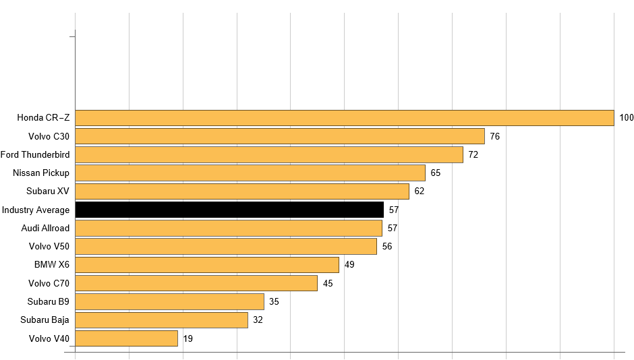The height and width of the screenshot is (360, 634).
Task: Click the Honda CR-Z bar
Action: point(344,118)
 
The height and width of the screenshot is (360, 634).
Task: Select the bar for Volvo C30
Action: point(279,136)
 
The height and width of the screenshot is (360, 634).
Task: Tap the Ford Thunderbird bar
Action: point(268,154)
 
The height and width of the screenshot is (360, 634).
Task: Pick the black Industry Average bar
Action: point(229,210)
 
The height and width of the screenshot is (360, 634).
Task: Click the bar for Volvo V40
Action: point(126,338)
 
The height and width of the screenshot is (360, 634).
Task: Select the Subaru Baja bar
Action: point(161,320)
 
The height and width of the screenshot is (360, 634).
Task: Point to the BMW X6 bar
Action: point(206,264)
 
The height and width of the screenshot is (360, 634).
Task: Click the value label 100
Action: point(627,118)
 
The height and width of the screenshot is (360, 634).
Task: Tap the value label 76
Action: point(494,136)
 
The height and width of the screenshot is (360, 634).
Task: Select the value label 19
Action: point(188,338)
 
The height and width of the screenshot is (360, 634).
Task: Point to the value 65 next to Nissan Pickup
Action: point(435,173)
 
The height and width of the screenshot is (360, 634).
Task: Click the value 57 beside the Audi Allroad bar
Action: point(392,228)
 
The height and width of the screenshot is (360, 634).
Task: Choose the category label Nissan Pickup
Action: point(41,173)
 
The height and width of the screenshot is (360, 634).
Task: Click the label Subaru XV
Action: point(48,191)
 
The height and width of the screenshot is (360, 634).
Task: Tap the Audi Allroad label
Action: point(45,228)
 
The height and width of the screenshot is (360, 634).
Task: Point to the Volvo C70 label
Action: point(49,283)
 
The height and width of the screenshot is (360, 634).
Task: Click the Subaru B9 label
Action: point(49,301)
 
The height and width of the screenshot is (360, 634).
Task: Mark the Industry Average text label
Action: point(36,210)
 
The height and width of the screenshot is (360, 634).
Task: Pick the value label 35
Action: point(274,301)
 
